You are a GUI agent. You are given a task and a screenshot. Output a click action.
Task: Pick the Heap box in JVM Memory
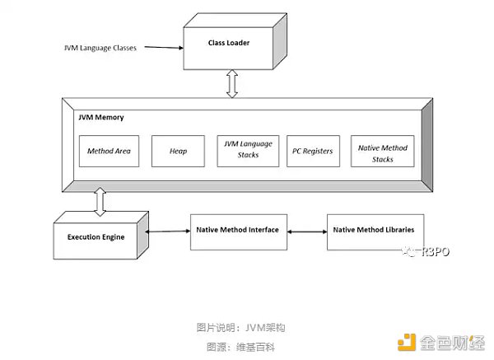[x=179, y=152]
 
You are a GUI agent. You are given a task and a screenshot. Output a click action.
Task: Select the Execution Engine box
[x=97, y=237]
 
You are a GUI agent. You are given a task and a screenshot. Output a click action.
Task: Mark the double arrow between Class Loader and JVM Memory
[x=234, y=82]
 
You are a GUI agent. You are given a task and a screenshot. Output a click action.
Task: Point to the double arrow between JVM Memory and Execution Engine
[x=100, y=201]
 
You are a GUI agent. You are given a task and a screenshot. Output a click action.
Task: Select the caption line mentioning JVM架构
[x=246, y=326]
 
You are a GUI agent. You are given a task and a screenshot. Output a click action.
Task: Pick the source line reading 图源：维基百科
[x=246, y=346]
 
